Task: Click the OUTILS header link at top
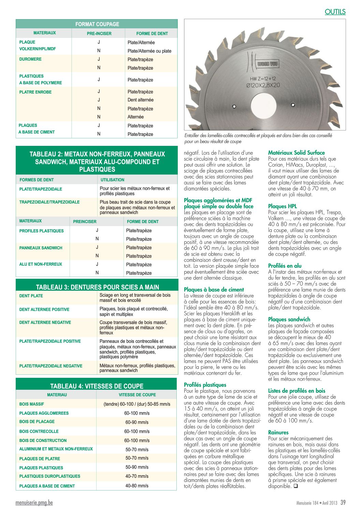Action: click(335, 12)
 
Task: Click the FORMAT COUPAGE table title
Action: click(97, 24)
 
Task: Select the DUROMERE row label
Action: click(30, 59)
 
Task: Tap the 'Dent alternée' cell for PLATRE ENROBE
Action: click(141, 100)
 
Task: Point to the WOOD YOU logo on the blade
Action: click(268, 64)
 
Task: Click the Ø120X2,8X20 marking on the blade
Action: click(263, 85)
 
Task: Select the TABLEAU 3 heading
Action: click(97, 287)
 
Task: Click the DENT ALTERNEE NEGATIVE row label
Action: click(45, 322)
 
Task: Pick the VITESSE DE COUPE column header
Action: click(137, 395)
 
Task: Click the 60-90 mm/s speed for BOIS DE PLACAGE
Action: click(137, 422)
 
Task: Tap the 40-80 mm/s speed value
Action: click(137, 486)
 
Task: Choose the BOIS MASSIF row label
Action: click(32, 404)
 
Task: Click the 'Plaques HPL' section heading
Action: click(283, 206)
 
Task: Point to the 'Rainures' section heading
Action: click(278, 432)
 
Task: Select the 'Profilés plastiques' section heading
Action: click(205, 385)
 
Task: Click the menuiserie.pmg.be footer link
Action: click(34, 503)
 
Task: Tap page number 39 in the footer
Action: click(343, 502)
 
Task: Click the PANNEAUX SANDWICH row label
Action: click(41, 248)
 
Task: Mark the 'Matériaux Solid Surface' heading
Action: click(297, 153)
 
